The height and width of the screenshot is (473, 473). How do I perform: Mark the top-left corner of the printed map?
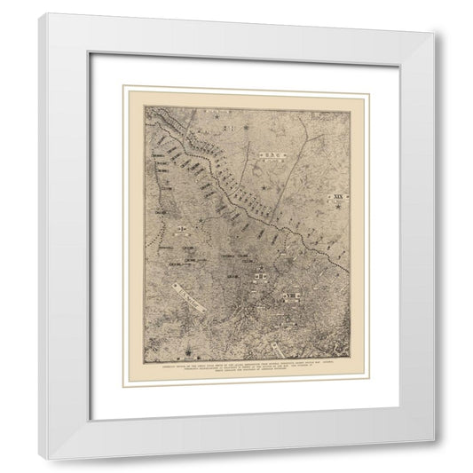(146, 107)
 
